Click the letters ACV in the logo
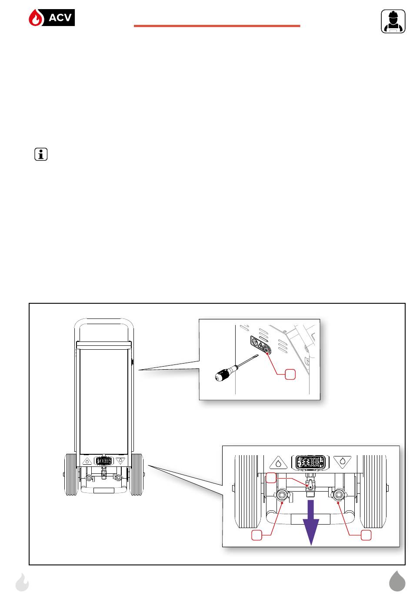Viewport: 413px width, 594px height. [60, 18]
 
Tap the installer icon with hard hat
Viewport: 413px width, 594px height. [393, 21]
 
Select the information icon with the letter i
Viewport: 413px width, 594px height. [41, 154]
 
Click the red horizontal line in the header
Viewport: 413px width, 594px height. [217, 26]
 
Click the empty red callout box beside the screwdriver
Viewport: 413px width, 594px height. [290, 374]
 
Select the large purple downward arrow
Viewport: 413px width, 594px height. [311, 523]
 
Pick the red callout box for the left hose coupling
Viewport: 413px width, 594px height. [256, 535]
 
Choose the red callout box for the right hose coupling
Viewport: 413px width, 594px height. [366, 535]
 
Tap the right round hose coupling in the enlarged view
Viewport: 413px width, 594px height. [338, 494]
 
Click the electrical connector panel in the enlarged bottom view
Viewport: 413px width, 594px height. [310, 462]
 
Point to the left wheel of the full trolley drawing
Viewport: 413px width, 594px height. [71, 474]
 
